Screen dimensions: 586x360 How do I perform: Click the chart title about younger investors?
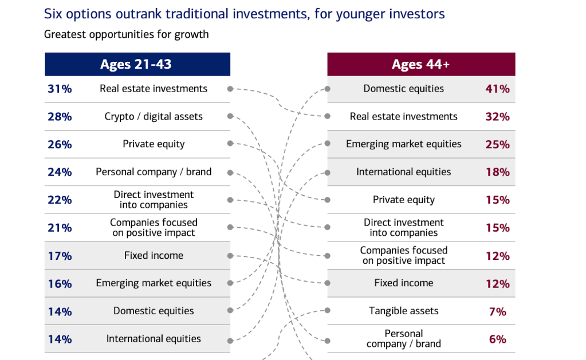coord(245,14)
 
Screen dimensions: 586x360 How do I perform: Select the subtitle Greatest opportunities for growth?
coord(127,34)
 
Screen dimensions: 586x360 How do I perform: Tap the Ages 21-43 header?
coord(136,64)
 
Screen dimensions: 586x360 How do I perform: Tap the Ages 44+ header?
coord(420,64)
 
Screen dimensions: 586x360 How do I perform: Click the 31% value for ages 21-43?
coord(60,89)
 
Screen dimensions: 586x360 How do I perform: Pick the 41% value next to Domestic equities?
coord(497,89)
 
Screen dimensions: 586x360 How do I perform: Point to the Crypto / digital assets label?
coord(154,117)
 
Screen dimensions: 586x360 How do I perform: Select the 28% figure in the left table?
coord(60,117)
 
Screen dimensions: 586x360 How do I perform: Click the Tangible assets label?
coord(404,311)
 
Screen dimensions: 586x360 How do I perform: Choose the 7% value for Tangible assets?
coord(497,311)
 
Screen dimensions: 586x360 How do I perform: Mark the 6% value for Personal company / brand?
coord(497,339)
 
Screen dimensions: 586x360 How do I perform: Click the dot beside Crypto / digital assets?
coord(230,116)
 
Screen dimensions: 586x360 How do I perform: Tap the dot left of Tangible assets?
coord(328,310)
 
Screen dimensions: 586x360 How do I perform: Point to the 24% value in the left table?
coord(60,172)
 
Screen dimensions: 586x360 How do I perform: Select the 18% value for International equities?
coord(497,172)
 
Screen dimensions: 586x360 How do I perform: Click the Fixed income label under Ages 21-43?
coord(154,255)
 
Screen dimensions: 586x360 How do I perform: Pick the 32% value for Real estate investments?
coord(497,117)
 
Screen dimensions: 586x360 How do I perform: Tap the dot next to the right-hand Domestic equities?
coord(328,89)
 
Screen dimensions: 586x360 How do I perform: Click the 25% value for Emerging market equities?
coord(497,144)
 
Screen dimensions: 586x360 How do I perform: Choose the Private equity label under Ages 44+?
coord(404,200)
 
